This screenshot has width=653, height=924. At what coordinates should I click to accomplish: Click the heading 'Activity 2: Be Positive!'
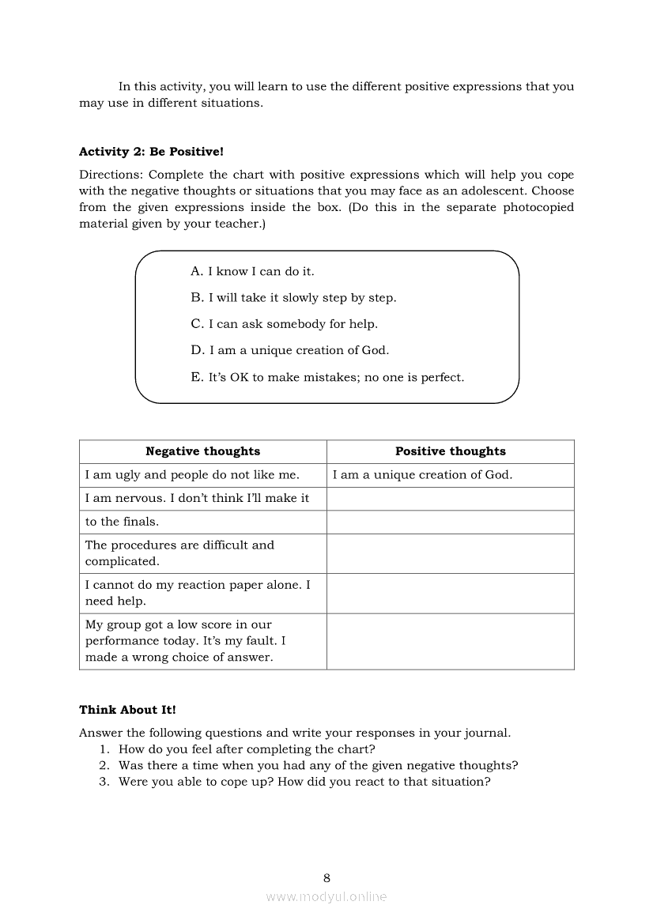click(x=151, y=151)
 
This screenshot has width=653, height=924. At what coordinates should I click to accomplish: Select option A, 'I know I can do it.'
click(x=252, y=271)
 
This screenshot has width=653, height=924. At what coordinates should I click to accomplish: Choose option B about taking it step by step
click(x=293, y=298)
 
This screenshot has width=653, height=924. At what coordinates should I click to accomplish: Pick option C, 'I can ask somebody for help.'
click(x=284, y=324)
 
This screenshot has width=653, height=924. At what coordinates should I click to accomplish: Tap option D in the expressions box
click(x=289, y=350)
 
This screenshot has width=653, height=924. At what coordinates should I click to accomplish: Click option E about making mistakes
click(x=327, y=377)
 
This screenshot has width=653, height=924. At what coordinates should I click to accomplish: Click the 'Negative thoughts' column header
click(x=202, y=451)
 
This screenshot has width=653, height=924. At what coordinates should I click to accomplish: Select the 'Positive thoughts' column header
click(x=450, y=451)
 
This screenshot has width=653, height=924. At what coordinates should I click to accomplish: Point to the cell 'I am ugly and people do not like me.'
click(x=192, y=475)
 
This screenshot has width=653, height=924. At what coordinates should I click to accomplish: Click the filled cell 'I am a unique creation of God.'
click(x=422, y=475)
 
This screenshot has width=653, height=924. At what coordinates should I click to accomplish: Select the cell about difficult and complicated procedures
click(x=179, y=553)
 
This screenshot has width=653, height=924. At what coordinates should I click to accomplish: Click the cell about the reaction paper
click(x=198, y=593)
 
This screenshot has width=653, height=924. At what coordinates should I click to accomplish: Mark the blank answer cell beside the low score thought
click(x=450, y=641)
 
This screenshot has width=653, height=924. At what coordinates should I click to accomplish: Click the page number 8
click(x=326, y=877)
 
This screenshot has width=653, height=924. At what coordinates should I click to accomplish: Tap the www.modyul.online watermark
click(x=326, y=896)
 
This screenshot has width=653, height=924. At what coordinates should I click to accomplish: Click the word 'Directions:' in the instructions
click(x=111, y=175)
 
